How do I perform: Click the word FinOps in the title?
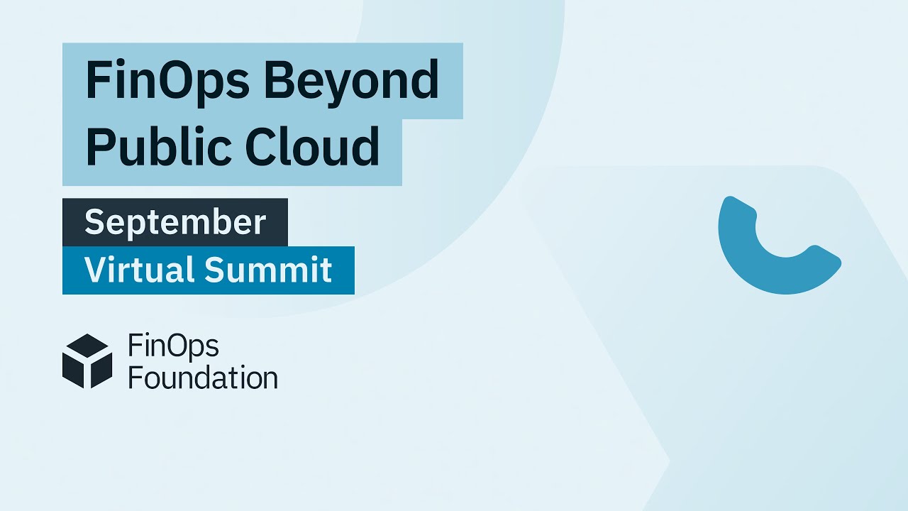(167, 80)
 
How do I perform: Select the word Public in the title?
(156, 146)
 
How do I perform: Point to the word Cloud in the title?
(312, 146)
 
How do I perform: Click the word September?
(175, 222)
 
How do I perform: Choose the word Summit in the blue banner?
(269, 270)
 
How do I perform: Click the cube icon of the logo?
(87, 361)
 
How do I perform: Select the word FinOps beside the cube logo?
(173, 346)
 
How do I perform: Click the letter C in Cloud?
(261, 146)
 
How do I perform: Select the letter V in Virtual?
(94, 270)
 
